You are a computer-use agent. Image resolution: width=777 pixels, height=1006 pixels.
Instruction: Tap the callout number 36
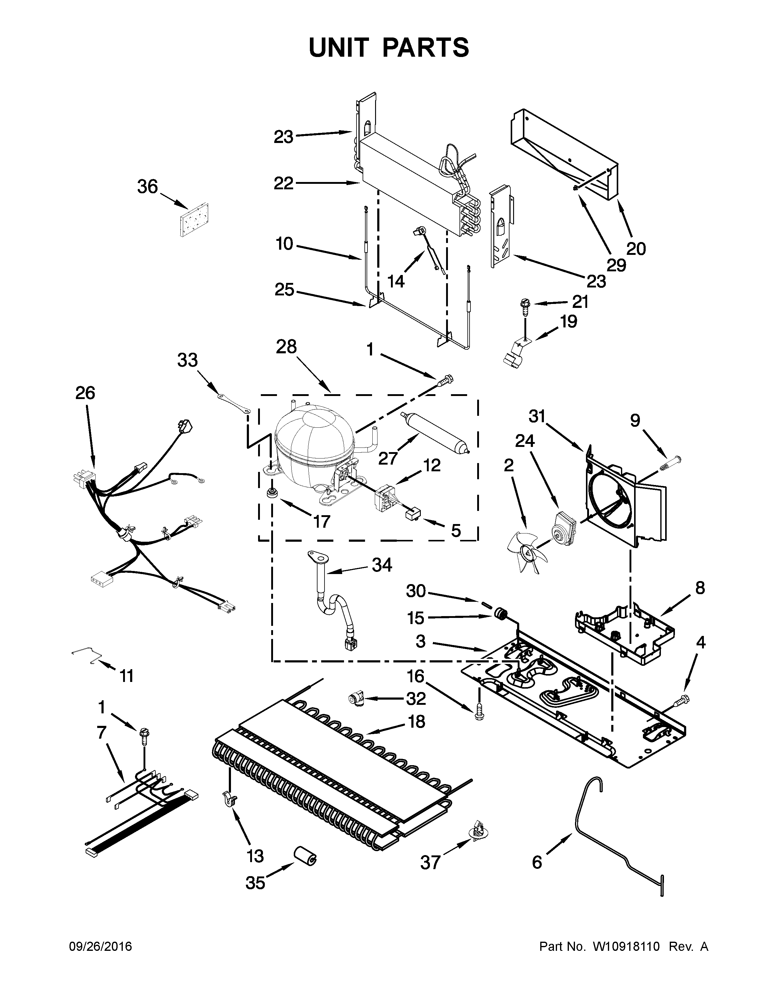click(147, 187)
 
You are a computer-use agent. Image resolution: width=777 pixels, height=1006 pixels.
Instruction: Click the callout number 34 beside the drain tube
click(381, 565)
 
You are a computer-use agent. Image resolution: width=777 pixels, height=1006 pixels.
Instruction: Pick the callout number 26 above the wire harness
click(85, 393)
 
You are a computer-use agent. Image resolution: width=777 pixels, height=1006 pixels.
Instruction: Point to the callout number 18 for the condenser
click(416, 721)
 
